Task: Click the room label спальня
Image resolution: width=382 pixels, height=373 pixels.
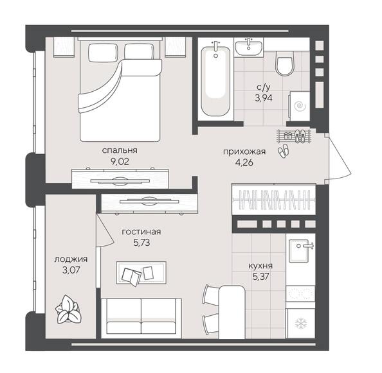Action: (120, 151)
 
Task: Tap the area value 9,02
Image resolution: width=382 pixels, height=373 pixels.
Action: (120, 162)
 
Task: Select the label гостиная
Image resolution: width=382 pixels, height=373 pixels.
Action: (141, 232)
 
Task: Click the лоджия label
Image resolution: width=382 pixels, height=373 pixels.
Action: (71, 259)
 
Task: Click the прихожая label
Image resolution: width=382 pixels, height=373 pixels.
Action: (244, 152)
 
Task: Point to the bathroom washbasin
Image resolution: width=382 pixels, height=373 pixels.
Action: (248, 48)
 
